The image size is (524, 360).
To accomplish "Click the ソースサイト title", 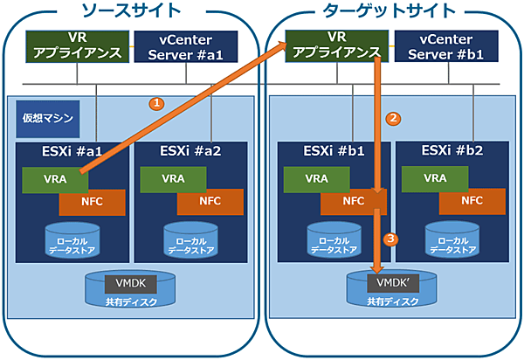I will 130,11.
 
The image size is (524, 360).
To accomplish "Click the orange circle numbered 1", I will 156,103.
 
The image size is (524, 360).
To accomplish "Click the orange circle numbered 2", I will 393,118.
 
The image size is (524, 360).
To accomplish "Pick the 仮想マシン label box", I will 45,118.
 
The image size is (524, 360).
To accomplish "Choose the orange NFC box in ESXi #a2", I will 210,201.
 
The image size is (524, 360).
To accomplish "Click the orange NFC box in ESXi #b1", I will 353,201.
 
